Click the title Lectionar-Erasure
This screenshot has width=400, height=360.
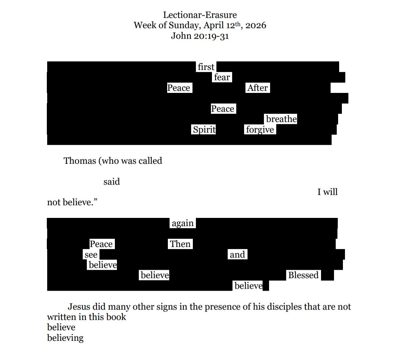[200, 15]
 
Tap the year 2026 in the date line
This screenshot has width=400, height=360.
[256, 26]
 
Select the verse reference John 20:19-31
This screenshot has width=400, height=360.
[200, 36]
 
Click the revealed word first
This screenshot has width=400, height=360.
[206, 67]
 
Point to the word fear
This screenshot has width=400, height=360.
[222, 78]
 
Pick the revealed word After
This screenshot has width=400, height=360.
[257, 88]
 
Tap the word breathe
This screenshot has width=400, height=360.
[281, 119]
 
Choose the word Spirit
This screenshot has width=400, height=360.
[204, 130]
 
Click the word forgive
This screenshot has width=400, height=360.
[260, 130]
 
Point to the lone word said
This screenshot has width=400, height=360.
[111, 182]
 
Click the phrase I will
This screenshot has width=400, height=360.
[327, 192]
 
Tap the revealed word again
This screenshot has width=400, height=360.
[183, 223]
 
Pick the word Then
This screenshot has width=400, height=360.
[180, 244]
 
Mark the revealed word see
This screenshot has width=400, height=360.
[91, 255]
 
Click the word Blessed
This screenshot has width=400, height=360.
[303, 275]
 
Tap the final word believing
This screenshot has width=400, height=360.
[65, 338]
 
